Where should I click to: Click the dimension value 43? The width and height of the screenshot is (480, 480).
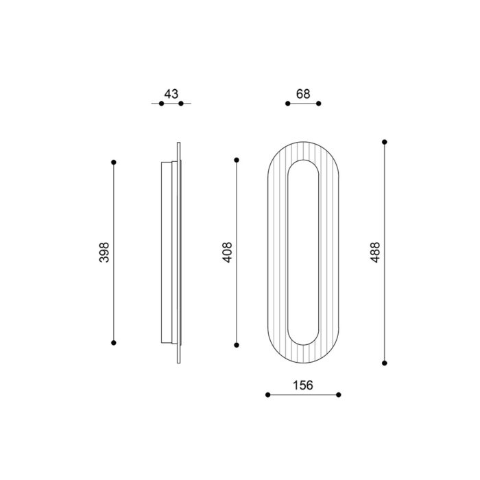click(x=171, y=94)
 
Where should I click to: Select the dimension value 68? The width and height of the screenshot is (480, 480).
click(x=303, y=94)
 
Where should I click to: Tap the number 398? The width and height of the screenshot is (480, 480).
click(x=104, y=252)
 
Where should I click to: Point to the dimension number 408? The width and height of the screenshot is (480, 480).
click(x=227, y=252)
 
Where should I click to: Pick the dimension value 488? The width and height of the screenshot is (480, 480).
click(x=375, y=252)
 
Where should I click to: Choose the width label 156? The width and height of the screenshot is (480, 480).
click(x=303, y=385)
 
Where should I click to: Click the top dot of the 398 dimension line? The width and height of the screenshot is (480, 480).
click(x=114, y=163)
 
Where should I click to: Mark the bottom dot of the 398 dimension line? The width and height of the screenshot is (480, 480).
click(x=114, y=343)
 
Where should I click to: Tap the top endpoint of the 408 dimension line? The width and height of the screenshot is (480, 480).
click(x=237, y=160)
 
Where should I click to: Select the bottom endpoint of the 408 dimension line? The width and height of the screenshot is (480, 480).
click(x=237, y=345)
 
